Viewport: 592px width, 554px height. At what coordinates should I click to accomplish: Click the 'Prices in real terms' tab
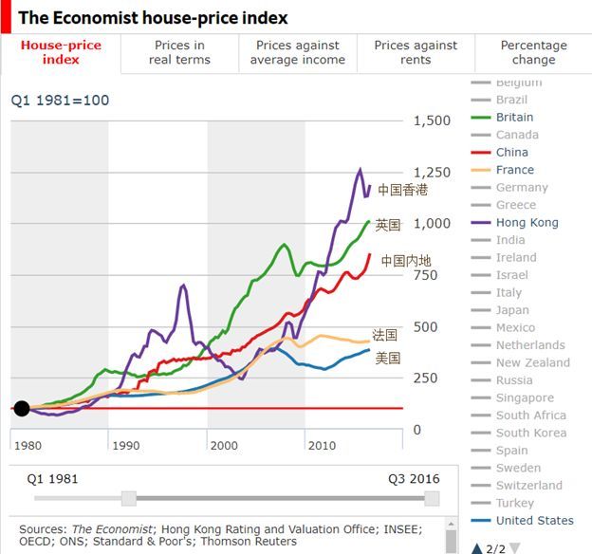point(179,52)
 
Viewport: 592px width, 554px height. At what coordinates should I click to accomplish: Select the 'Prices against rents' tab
point(416,52)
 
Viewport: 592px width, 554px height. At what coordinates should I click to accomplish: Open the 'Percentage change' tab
point(533,52)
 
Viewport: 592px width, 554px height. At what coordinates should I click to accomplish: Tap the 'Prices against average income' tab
point(298,52)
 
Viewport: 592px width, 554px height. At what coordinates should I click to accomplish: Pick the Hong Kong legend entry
point(527,223)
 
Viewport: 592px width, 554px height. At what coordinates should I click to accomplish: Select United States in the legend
point(534,520)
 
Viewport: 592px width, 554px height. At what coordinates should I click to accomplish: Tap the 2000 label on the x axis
point(224,446)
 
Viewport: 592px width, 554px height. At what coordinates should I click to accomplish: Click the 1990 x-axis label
point(125,446)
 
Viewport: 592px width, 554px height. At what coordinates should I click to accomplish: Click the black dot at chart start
point(21,409)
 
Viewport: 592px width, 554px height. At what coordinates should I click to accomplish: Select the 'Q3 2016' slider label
point(414,478)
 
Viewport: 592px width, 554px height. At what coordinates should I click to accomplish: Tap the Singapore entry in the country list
point(525,397)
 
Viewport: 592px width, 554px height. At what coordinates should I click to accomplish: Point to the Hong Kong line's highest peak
point(360,170)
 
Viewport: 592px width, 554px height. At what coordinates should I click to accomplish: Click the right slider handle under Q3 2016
point(432,499)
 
